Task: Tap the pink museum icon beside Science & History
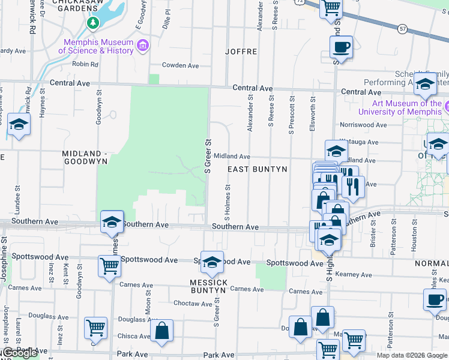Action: click(x=143, y=46)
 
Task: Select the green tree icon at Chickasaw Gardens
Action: click(x=92, y=23)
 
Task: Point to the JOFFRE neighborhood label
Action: click(x=241, y=52)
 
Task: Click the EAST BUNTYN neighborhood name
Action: click(x=258, y=170)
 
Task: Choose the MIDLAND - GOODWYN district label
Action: click(x=85, y=157)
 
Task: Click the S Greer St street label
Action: click(x=209, y=156)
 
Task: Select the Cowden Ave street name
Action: click(x=180, y=65)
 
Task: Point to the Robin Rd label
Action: click(x=85, y=64)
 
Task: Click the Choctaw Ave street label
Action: click(x=193, y=304)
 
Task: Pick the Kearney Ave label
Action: click(x=354, y=275)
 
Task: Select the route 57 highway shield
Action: click(x=402, y=28)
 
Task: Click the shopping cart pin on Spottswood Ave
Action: click(x=109, y=265)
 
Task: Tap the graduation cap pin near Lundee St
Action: click(x=19, y=125)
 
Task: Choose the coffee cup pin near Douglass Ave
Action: click(x=435, y=298)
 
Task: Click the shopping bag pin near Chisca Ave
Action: click(x=161, y=330)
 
